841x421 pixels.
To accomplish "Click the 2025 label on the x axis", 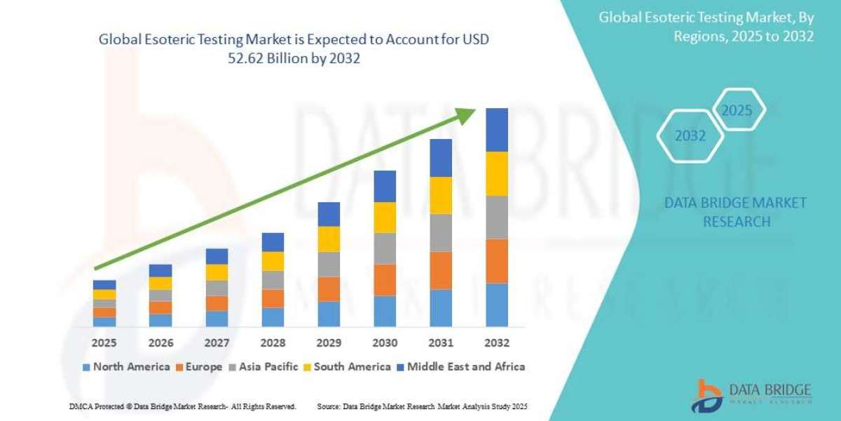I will pyautogui.click(x=104, y=343).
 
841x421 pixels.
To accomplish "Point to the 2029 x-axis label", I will pyautogui.click(x=329, y=343).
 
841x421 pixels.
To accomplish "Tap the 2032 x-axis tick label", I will pyautogui.click(x=496, y=343).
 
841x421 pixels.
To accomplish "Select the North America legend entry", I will pyautogui.click(x=126, y=366).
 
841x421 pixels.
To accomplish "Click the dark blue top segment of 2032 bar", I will pyautogui.click(x=497, y=130).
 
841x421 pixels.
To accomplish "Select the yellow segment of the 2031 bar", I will pyautogui.click(x=441, y=195).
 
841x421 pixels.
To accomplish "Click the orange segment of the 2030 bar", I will pyautogui.click(x=385, y=280).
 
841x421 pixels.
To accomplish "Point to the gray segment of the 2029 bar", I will pyautogui.click(x=329, y=264).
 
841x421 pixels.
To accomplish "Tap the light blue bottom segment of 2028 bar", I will pyautogui.click(x=273, y=317).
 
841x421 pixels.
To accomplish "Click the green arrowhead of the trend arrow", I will pyautogui.click(x=467, y=116).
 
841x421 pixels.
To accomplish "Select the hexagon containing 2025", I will pyautogui.click(x=737, y=110).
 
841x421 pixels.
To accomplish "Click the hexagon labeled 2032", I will pyautogui.click(x=690, y=136).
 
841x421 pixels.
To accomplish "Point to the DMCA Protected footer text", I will pyautogui.click(x=183, y=406).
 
